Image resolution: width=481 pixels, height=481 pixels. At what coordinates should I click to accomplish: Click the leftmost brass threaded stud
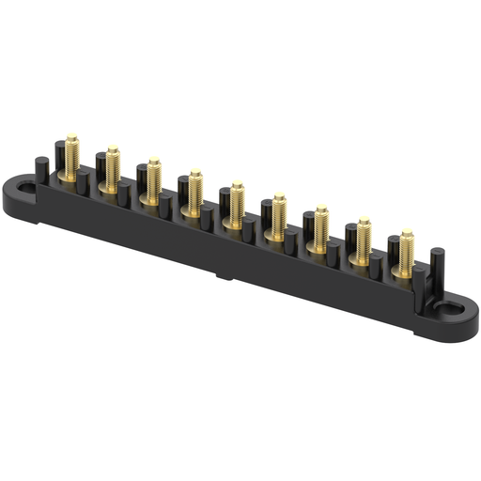pyautogui.click(x=72, y=154)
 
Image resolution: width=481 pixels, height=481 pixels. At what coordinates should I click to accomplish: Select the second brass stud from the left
pyautogui.click(x=113, y=165)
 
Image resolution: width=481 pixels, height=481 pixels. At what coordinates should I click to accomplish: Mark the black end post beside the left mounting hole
pyautogui.click(x=40, y=171)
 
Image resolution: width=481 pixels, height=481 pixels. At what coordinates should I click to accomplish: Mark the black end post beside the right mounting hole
pyautogui.click(x=437, y=266)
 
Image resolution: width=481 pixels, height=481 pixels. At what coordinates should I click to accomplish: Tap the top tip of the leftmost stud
pyautogui.click(x=72, y=137)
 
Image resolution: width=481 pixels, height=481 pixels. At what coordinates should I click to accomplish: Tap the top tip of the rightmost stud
pyautogui.click(x=407, y=231)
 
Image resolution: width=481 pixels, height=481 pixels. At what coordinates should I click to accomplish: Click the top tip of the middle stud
pyautogui.click(x=238, y=183)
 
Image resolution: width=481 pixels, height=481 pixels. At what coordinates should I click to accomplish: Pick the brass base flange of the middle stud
pyautogui.click(x=236, y=222)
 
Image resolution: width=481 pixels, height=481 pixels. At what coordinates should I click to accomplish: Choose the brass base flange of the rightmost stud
pyautogui.click(x=404, y=272)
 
